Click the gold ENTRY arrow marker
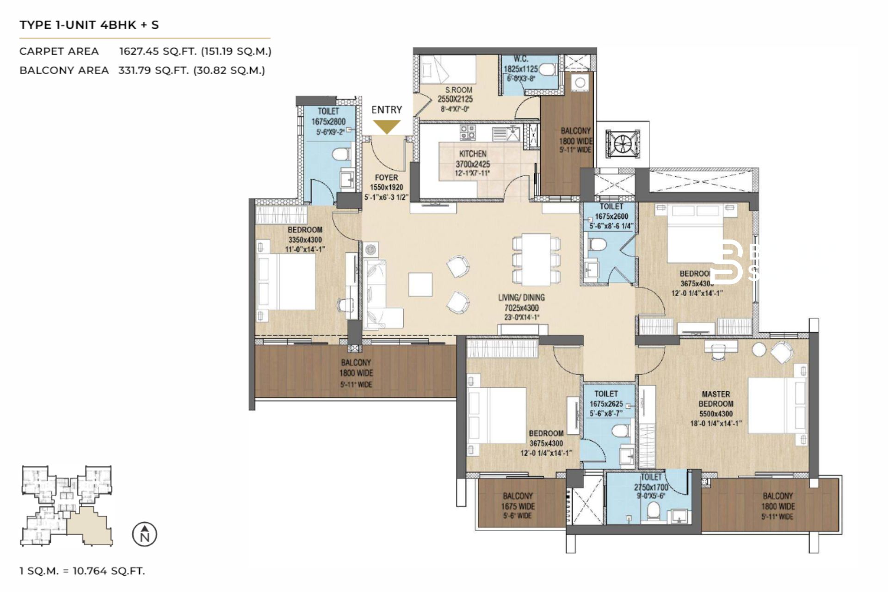[387, 126]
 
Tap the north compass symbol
[145, 534]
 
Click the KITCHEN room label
[472, 154]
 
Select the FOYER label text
[386, 178]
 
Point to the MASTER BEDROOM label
[715, 399]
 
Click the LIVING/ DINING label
[521, 297]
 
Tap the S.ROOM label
[459, 90]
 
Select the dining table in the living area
[536, 259]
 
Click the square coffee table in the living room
[420, 284]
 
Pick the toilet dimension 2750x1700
[651, 487]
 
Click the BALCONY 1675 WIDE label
[518, 506]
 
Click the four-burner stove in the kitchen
[468, 132]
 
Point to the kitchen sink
[512, 134]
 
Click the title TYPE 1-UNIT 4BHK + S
[89, 25]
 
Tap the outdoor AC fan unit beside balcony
[623, 144]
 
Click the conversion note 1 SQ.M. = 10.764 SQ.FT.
[82, 571]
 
